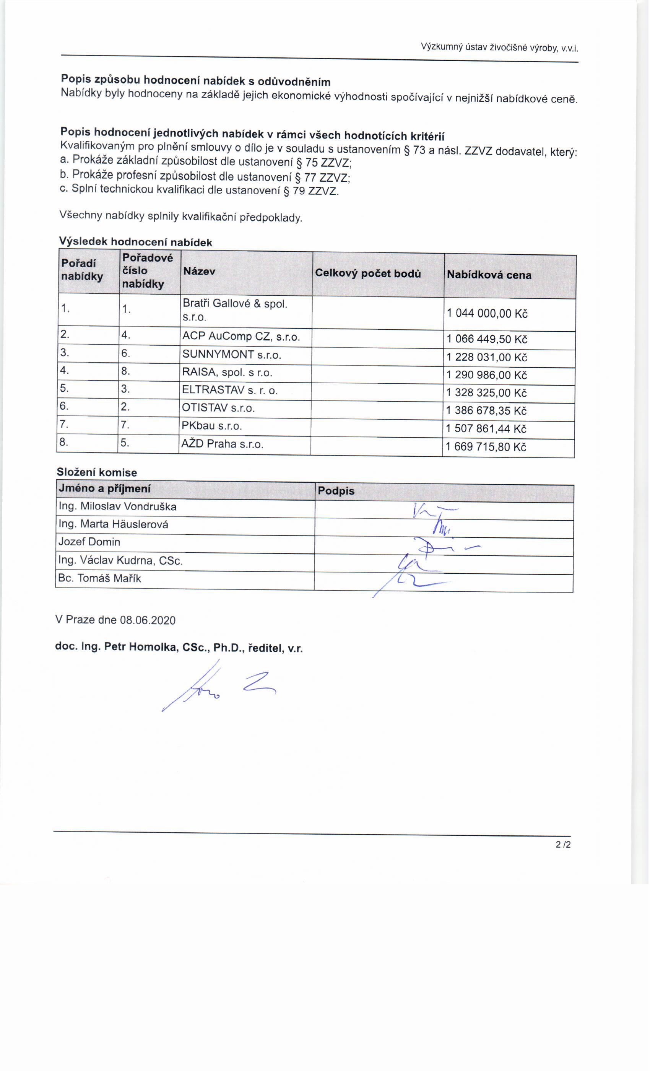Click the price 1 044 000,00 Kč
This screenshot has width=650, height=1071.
point(487,314)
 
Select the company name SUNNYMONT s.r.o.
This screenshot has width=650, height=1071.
point(232,355)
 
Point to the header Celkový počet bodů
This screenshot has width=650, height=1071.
point(367,273)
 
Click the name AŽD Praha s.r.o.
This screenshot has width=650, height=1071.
point(222,444)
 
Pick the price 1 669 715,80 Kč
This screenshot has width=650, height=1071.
point(486,447)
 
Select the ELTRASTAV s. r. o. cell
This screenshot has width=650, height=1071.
point(229,390)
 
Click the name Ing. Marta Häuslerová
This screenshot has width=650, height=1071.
point(114,524)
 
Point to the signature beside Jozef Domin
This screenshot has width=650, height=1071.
point(439,548)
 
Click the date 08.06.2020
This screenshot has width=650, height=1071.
point(148,620)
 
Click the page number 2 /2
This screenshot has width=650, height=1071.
point(563,845)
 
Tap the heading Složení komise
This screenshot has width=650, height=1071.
point(96,472)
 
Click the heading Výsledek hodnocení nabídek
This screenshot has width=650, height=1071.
point(136,242)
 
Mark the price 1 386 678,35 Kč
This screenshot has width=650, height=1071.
point(486,411)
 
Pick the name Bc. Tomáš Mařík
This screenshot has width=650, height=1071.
point(99,578)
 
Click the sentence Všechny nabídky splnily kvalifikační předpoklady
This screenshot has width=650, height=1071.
point(180,216)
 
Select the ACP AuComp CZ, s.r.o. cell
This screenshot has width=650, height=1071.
point(241,337)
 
